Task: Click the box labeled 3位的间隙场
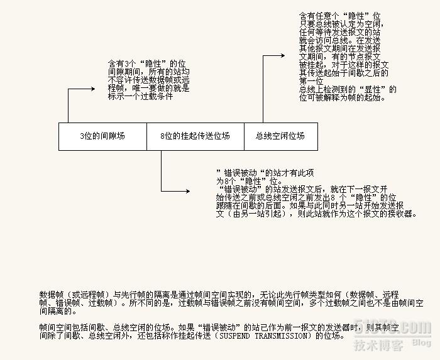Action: click(102, 136)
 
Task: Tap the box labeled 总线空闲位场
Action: click(280, 136)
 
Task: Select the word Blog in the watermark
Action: click(421, 342)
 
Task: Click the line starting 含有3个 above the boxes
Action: click(148, 64)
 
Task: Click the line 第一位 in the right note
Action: click(311, 81)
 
